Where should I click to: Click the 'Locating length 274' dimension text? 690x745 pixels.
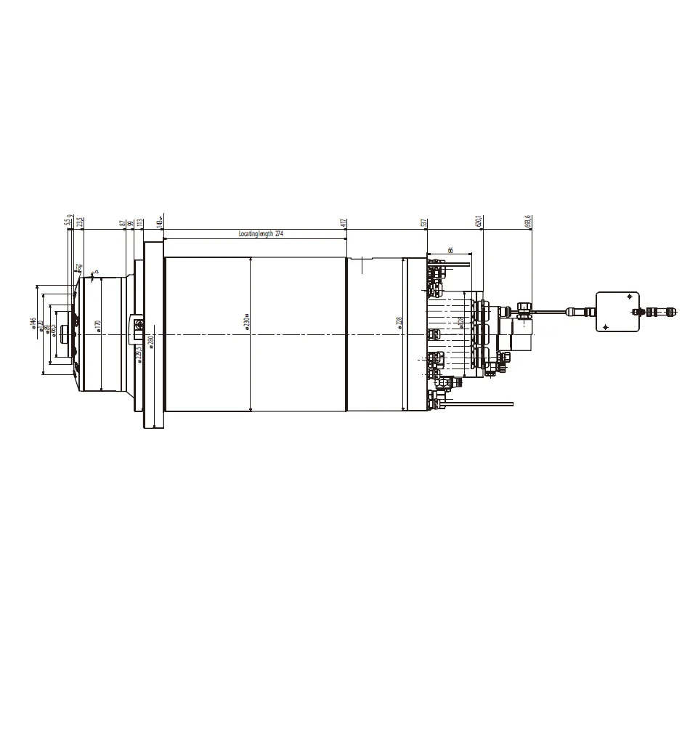260,234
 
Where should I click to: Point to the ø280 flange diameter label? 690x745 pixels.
151,342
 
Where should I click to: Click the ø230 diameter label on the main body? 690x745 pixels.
247,322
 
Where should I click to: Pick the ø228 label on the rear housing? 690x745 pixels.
399,322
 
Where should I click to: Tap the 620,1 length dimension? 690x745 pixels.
479,221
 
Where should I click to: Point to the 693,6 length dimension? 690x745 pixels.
529,221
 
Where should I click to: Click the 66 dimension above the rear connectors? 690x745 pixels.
450,250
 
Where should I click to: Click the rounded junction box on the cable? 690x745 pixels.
617,311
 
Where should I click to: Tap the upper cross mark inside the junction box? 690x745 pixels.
628,296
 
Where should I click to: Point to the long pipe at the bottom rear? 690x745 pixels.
483,403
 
